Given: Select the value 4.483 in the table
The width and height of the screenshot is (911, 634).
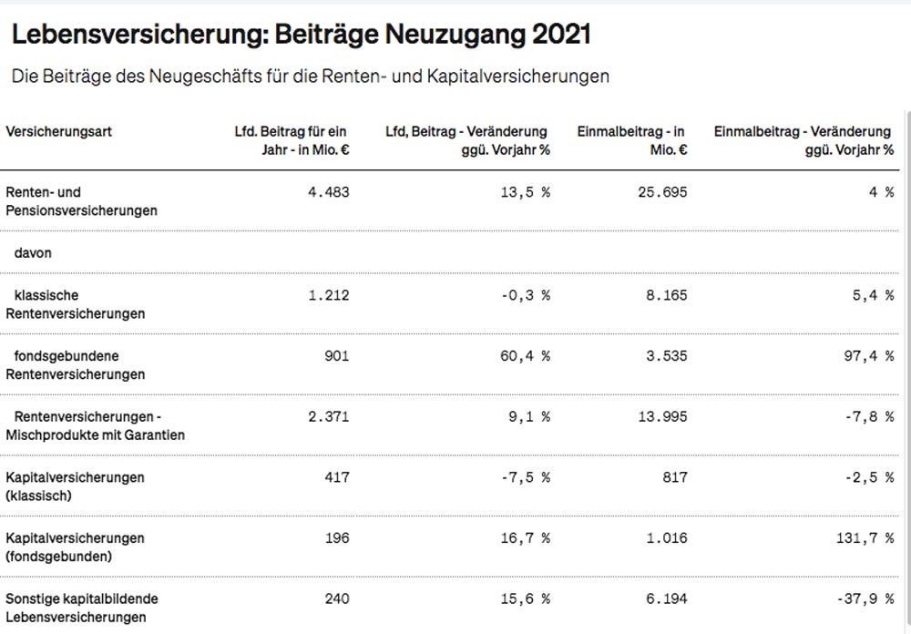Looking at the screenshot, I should pyautogui.click(x=330, y=192).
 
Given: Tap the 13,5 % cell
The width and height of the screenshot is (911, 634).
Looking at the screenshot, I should pyautogui.click(x=526, y=192).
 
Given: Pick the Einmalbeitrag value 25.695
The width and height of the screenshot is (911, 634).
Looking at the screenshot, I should pyautogui.click(x=662, y=192).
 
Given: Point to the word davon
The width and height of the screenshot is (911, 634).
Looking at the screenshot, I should pyautogui.click(x=33, y=253).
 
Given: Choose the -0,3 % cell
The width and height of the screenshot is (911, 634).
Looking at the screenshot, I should pyautogui.click(x=526, y=295).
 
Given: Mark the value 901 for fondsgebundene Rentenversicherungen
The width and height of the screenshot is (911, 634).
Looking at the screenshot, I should pyautogui.click(x=336, y=356).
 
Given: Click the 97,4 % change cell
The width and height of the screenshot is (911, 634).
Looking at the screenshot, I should pyautogui.click(x=868, y=356).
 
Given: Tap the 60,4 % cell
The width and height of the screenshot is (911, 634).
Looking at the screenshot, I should pyautogui.click(x=526, y=356).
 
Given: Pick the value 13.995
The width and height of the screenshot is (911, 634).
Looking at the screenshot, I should pyautogui.click(x=662, y=416).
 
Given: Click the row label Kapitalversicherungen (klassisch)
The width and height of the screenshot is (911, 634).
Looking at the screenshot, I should pyautogui.click(x=75, y=486).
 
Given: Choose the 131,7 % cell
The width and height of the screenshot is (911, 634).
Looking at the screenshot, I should pyautogui.click(x=865, y=538).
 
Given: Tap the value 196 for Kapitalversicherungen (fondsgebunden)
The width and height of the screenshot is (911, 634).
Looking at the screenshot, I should pyautogui.click(x=336, y=538).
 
